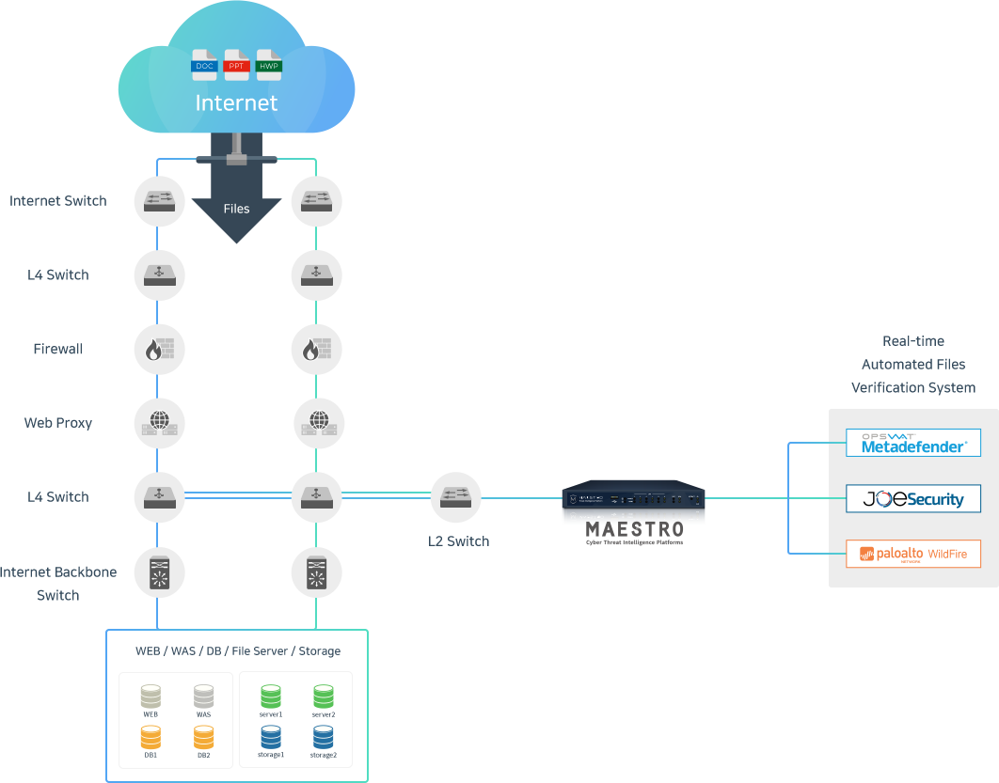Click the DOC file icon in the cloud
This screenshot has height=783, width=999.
(x=205, y=63)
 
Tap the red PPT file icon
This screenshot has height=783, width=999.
(x=237, y=63)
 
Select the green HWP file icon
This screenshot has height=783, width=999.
(x=269, y=63)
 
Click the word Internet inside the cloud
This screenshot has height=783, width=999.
(x=236, y=102)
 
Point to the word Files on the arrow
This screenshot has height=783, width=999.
(x=236, y=208)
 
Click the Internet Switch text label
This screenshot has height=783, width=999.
(x=58, y=201)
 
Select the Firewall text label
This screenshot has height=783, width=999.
(x=58, y=349)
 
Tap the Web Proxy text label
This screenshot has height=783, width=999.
(x=58, y=423)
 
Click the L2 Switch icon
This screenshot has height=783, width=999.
(x=456, y=497)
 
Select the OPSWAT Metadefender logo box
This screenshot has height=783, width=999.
(x=912, y=443)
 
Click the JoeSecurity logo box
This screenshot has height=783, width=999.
(x=912, y=498)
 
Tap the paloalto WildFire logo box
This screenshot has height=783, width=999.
(x=912, y=553)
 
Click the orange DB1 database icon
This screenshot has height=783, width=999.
(x=151, y=737)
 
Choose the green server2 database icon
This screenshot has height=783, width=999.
(x=324, y=697)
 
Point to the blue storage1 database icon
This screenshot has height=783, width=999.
(x=270, y=737)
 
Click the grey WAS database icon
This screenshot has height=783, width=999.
(x=204, y=697)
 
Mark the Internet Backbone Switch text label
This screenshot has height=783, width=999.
(x=58, y=583)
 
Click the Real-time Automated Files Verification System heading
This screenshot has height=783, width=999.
(x=913, y=364)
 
